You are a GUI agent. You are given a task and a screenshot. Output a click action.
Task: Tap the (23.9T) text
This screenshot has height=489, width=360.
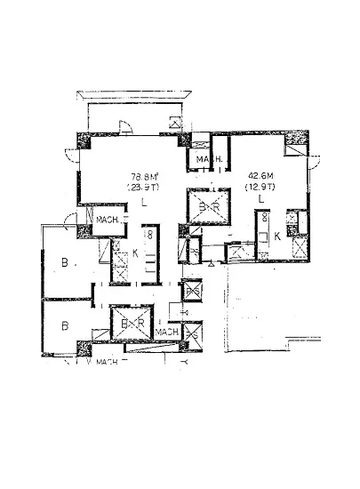pos(141,188)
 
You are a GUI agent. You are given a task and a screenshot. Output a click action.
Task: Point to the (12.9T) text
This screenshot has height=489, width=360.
pos(260,188)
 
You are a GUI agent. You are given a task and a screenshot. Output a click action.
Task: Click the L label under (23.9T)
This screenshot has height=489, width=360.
pos(143,203)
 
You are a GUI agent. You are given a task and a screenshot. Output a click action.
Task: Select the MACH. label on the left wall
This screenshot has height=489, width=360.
pos(110,220)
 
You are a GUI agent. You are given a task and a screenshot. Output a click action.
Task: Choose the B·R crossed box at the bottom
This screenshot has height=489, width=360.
pos(129,324)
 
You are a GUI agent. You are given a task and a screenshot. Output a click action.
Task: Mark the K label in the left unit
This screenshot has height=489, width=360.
pos(135,253)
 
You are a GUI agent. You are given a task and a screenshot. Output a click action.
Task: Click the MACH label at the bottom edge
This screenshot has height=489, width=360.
pos(108,361)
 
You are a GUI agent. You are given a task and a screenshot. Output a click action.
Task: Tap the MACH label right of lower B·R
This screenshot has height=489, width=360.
pos(167,333)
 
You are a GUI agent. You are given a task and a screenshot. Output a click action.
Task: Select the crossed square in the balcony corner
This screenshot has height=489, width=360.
pos(175,124)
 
